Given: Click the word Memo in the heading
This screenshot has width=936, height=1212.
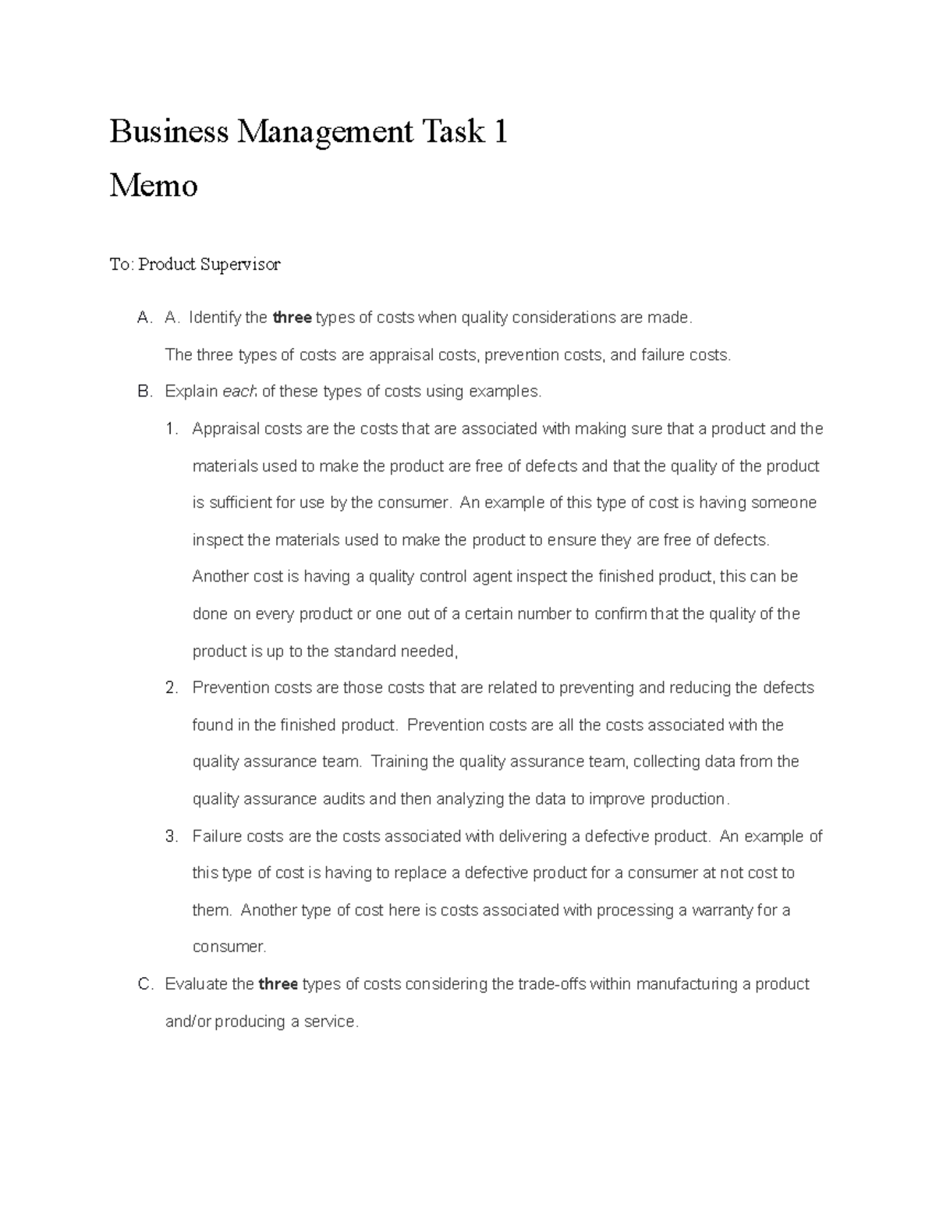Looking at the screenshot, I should (x=154, y=186).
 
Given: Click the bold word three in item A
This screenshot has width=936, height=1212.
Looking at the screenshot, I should (x=292, y=318).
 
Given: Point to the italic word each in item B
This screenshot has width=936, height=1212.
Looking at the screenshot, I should (x=239, y=392).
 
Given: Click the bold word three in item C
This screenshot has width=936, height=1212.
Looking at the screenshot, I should (x=278, y=984).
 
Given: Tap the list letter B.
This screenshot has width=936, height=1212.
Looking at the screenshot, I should (x=144, y=392).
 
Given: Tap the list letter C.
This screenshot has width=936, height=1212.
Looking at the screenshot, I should (x=144, y=984).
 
